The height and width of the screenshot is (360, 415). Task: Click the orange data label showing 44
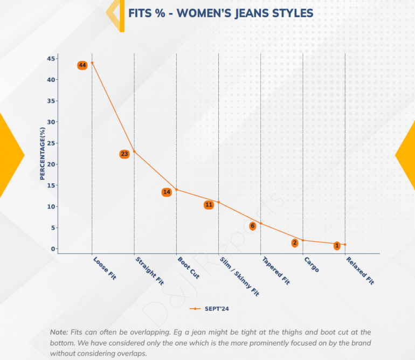click(82, 65)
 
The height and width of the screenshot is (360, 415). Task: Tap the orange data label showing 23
click(124, 154)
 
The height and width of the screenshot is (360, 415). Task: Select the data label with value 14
click(167, 192)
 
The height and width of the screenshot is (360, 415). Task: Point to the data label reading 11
click(209, 205)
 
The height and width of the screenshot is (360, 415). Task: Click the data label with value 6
click(252, 226)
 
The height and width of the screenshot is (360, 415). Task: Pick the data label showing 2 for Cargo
click(295, 243)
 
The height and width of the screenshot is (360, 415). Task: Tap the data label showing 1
click(337, 246)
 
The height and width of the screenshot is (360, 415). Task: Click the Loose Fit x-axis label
click(105, 268)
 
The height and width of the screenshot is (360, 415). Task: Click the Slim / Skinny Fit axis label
click(240, 276)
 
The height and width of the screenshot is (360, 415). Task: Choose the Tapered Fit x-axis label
click(276, 271)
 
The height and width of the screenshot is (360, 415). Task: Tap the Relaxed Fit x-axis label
click(360, 271)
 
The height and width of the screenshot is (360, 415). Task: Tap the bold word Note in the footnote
click(58, 332)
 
